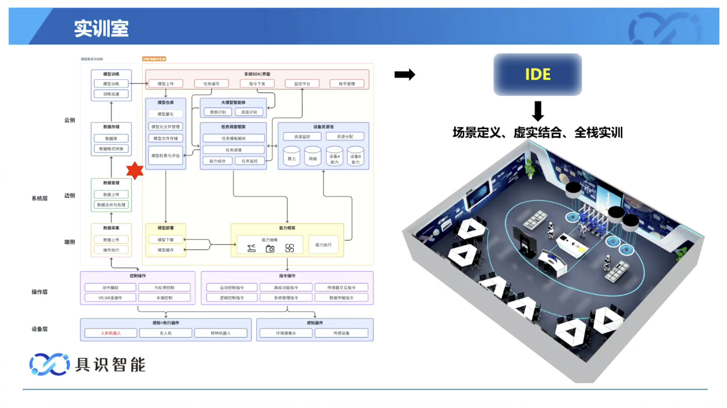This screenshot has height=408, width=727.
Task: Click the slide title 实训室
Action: tap(101, 29)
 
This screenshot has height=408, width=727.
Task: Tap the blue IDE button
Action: tap(538, 74)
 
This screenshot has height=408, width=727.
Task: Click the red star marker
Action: tap(135, 170)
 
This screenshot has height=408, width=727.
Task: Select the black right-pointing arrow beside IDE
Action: tap(405, 74)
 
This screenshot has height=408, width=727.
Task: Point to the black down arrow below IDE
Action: tap(538, 111)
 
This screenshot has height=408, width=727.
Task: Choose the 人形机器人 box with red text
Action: tap(111, 333)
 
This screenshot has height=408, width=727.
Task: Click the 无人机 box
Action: tap(166, 333)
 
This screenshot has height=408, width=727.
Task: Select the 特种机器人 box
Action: tap(220, 333)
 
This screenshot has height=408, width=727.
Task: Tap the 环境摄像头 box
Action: tap(286, 333)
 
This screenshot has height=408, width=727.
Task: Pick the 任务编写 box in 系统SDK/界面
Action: tap(211, 84)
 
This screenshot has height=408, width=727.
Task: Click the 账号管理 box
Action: tap(347, 84)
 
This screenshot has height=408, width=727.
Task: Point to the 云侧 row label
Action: tap(70, 120)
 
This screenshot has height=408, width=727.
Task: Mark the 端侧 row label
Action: tap(70, 242)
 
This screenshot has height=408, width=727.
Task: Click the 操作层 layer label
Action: tap(39, 292)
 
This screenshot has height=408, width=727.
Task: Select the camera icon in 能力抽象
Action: tap(270, 249)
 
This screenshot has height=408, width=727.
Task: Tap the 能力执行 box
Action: tap(323, 245)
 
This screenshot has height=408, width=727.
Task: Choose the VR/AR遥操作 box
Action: tap(110, 298)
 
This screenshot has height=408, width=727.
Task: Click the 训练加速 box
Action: tap(111, 94)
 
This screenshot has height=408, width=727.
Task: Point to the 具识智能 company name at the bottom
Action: tap(110, 365)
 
